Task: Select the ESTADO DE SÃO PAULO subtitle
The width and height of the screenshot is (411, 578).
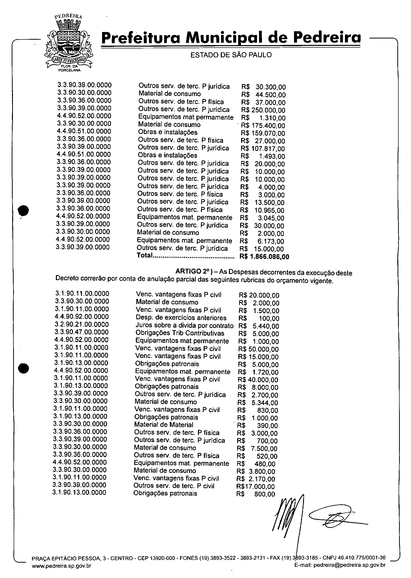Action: (x=231, y=55)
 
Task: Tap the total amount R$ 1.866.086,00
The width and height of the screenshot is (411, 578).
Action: (x=264, y=257)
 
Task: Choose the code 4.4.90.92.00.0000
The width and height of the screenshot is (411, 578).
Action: (x=82, y=317)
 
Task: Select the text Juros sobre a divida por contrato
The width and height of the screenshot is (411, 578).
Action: (x=185, y=325)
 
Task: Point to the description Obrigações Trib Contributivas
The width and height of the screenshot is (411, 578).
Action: (x=180, y=333)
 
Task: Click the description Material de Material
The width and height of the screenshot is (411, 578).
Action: (x=163, y=425)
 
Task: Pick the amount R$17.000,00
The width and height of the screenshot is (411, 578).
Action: (x=255, y=486)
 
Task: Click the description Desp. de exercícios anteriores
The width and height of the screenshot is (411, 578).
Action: (x=181, y=318)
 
